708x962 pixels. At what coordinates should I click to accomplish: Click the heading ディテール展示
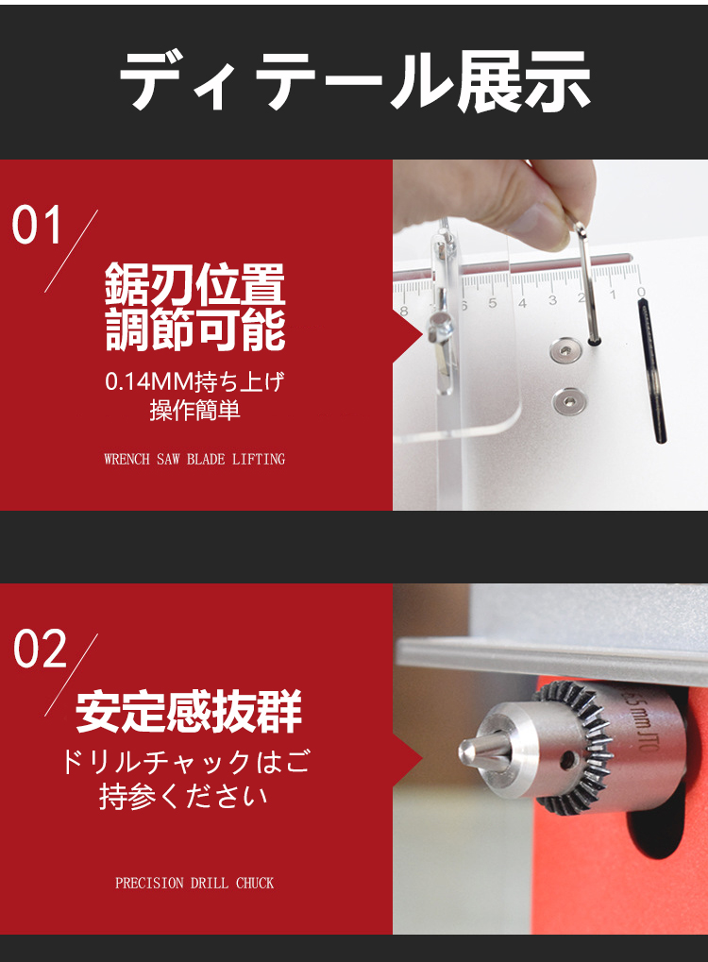coord(355,80)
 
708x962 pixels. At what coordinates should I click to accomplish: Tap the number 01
coord(38,226)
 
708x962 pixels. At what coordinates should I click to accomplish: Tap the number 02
coord(40,649)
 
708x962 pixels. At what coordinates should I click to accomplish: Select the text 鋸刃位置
coord(195,284)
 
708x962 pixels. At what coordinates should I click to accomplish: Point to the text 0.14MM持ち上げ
coord(194,381)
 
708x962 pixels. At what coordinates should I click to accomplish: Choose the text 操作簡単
coord(194,410)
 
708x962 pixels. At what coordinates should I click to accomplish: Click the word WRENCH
coord(127,459)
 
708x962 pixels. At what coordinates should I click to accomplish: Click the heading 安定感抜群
coord(189,712)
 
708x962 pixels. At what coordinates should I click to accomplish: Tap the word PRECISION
coord(150,884)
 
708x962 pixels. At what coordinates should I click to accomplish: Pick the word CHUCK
coord(255,884)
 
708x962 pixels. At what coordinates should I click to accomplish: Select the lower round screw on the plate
coord(568,401)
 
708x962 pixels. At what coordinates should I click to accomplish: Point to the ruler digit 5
coord(493,303)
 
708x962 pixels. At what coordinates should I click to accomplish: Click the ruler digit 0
coord(641,292)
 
